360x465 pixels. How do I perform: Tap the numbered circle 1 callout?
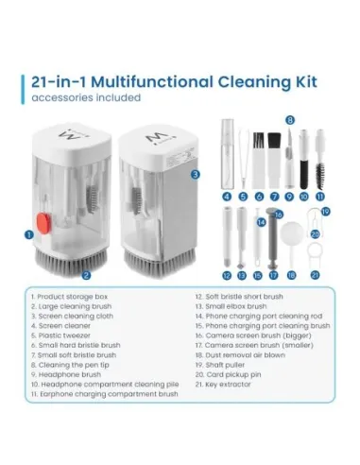[28, 233]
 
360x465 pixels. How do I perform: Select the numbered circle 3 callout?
[195, 175]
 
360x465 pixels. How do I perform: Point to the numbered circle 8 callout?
[290, 120]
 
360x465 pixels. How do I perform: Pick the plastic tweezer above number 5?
[243, 161]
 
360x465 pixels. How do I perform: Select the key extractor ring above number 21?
[314, 254]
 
